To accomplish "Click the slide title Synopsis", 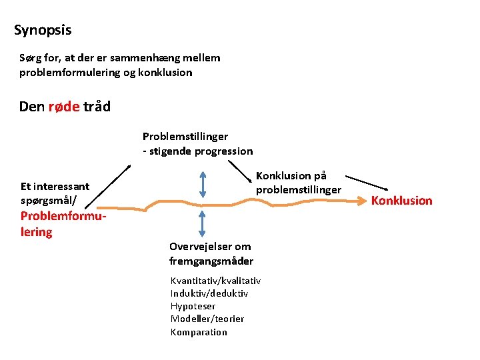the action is click(43, 30).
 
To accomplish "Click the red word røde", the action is click(65, 107).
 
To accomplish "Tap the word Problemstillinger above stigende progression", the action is click(185, 137).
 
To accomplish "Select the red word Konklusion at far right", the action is click(401, 201).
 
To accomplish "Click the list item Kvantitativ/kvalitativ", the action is click(215, 281).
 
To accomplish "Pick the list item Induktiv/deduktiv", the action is click(209, 293).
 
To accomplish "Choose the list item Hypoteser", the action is click(193, 306).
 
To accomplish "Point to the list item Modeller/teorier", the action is click(207, 319).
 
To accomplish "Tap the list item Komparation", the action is click(199, 332).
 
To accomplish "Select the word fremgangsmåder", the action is click(211, 261).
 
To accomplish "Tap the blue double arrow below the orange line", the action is click(203, 222).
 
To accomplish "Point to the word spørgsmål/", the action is click(49, 199).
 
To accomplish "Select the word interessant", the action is click(61, 186).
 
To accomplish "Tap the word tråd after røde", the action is click(97, 107).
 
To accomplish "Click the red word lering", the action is click(36, 232).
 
